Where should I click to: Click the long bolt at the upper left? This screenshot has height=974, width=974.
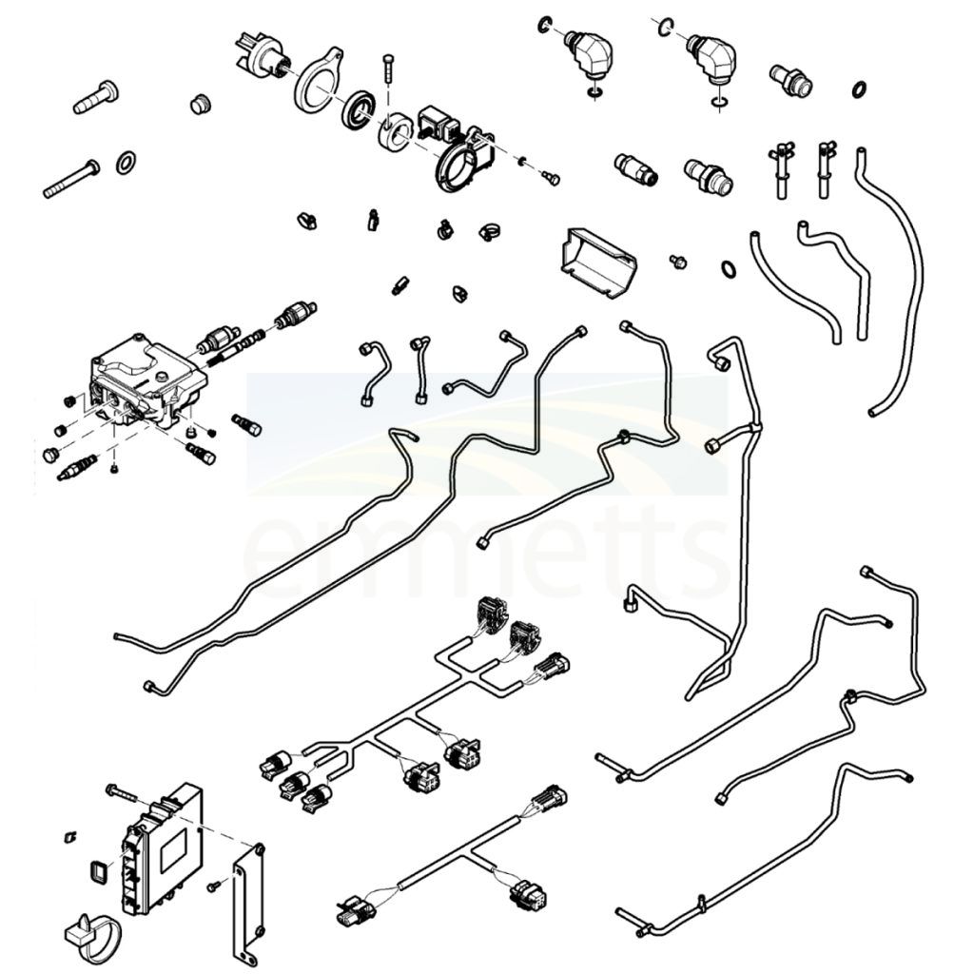tap(70, 179)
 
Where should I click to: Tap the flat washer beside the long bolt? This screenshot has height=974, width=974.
tap(127, 163)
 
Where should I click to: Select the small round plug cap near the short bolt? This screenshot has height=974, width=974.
tap(200, 105)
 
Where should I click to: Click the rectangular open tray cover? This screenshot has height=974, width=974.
tap(598, 263)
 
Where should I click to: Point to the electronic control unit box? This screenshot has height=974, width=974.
tap(163, 848)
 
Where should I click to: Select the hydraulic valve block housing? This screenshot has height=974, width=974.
tap(146, 381)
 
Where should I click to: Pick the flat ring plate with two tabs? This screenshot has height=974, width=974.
tap(318, 81)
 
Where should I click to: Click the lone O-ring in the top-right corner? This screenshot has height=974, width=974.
tap(859, 88)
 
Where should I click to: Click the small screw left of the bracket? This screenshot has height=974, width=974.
tap(214, 886)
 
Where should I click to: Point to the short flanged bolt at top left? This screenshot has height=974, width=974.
tap(96, 98)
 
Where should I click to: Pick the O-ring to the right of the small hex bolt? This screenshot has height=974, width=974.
tap(729, 269)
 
